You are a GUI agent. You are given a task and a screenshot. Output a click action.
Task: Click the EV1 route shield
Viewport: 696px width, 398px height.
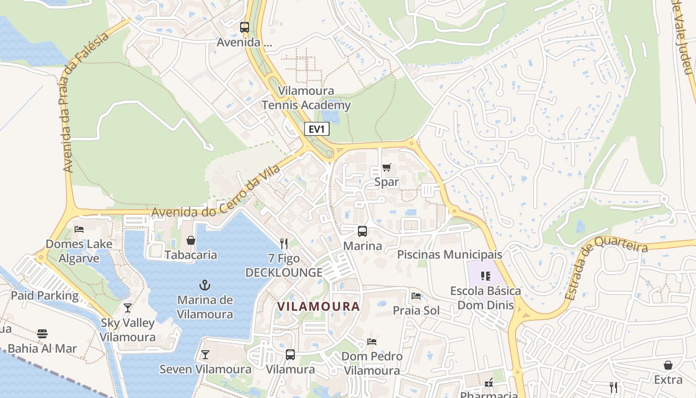click(317, 129)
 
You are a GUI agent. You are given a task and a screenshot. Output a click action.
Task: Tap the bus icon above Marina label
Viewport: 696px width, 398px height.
click(362, 231)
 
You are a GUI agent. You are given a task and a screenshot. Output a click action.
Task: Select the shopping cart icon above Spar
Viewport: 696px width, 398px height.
click(387, 168)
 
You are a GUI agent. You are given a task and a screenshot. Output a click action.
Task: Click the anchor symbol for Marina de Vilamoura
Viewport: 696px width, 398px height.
click(204, 285)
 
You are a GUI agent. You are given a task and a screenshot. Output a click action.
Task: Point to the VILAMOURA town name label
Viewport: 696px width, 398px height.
click(318, 306)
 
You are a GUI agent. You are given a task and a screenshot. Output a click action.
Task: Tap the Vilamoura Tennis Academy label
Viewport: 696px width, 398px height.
click(306, 98)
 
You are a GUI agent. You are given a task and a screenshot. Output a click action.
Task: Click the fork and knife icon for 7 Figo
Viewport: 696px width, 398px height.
click(284, 243)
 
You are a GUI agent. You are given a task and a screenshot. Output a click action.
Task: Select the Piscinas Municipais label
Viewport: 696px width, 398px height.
click(449, 255)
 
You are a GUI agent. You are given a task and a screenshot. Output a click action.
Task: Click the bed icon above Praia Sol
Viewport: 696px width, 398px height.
click(416, 296)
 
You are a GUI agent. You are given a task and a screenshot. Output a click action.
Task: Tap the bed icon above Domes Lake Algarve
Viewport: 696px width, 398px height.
click(79, 229)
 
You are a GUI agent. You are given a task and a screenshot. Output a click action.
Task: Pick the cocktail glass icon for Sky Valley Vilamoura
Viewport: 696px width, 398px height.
click(128, 308)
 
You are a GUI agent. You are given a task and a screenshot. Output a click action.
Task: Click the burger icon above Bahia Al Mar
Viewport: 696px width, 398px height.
click(42, 333)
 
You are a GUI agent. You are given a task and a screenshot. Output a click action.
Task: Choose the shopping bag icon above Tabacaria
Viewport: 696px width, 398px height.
click(190, 241)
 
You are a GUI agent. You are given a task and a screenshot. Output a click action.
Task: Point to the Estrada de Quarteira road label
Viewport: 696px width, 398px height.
click(606, 269)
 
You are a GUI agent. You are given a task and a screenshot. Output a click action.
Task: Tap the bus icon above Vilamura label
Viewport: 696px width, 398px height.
click(290, 355)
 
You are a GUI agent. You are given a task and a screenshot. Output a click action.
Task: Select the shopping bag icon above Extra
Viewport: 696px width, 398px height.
click(668, 365)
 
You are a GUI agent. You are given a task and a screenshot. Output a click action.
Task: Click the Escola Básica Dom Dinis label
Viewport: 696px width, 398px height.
click(485, 298)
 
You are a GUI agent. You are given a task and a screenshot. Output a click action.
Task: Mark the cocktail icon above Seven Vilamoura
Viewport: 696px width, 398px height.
click(205, 355)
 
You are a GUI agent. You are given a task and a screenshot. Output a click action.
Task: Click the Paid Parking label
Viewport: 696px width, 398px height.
click(45, 296)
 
